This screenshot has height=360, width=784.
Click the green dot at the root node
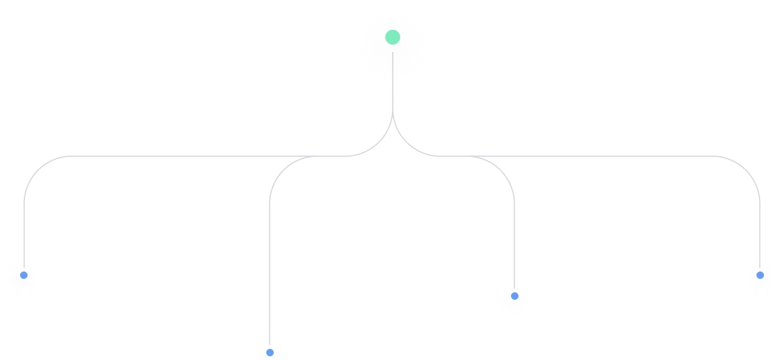393,36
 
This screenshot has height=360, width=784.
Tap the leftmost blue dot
24,275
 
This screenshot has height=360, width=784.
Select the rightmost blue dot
759,275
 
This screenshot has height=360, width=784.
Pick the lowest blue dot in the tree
269,352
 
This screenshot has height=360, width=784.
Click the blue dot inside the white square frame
514,296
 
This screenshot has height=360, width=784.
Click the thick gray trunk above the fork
393,112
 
